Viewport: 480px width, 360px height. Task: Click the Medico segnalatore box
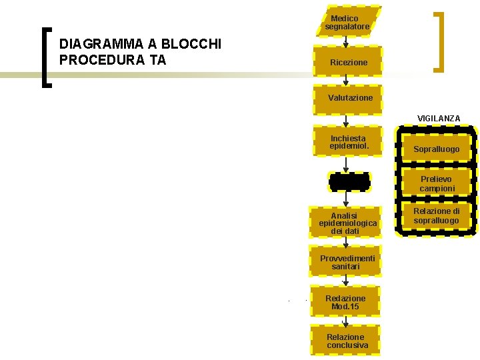pyautogui.click(x=347, y=22)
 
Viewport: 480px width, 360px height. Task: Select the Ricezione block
pyautogui.click(x=348, y=62)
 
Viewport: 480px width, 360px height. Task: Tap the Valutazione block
pyautogui.click(x=349, y=98)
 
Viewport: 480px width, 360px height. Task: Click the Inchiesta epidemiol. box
pyautogui.click(x=347, y=141)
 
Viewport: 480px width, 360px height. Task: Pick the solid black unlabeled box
pyautogui.click(x=349, y=181)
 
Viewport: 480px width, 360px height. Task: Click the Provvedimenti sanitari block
pyautogui.click(x=347, y=262)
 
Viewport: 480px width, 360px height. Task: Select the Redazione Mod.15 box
pyautogui.click(x=345, y=302)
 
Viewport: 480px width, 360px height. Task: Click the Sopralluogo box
pyautogui.click(x=436, y=149)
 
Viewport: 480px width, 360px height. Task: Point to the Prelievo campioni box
pyautogui.click(x=437, y=184)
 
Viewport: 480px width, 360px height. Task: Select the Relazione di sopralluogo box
pyautogui.click(x=437, y=216)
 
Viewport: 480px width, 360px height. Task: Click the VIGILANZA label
pyautogui.click(x=439, y=118)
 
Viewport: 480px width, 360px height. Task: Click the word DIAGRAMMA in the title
pyautogui.click(x=101, y=45)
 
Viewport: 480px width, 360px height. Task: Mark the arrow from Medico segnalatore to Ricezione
pyautogui.click(x=345, y=39)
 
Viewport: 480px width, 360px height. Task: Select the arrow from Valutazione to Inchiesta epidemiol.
pyautogui.click(x=345, y=120)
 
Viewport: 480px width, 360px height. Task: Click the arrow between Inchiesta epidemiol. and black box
pyautogui.click(x=345, y=164)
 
